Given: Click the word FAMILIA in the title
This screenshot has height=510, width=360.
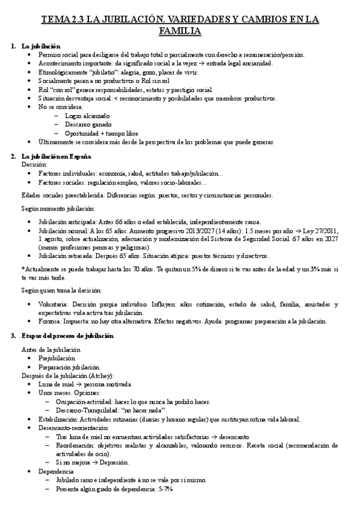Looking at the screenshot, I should [180, 30].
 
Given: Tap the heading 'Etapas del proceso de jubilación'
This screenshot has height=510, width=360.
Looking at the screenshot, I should [67, 336].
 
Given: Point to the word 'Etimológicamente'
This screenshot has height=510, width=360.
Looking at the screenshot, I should [64, 72].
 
